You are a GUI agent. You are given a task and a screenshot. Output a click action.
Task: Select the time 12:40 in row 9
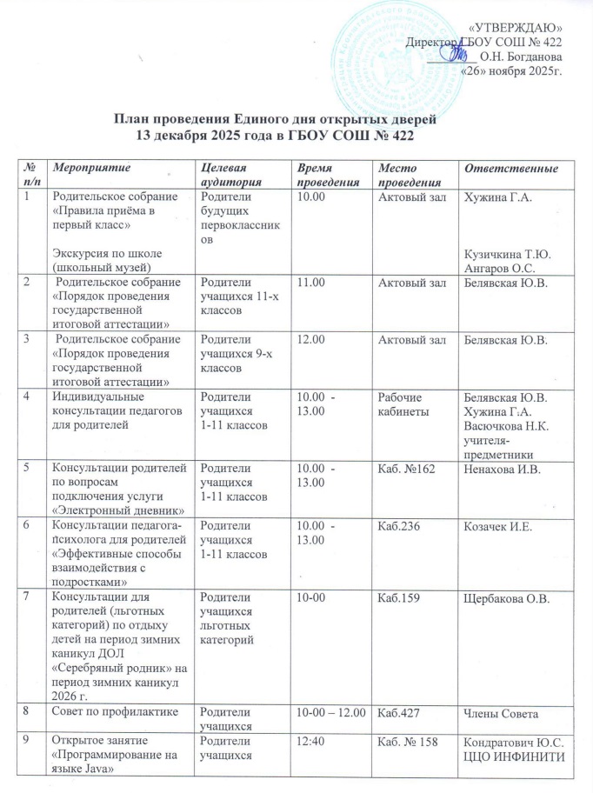pos(311,741)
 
